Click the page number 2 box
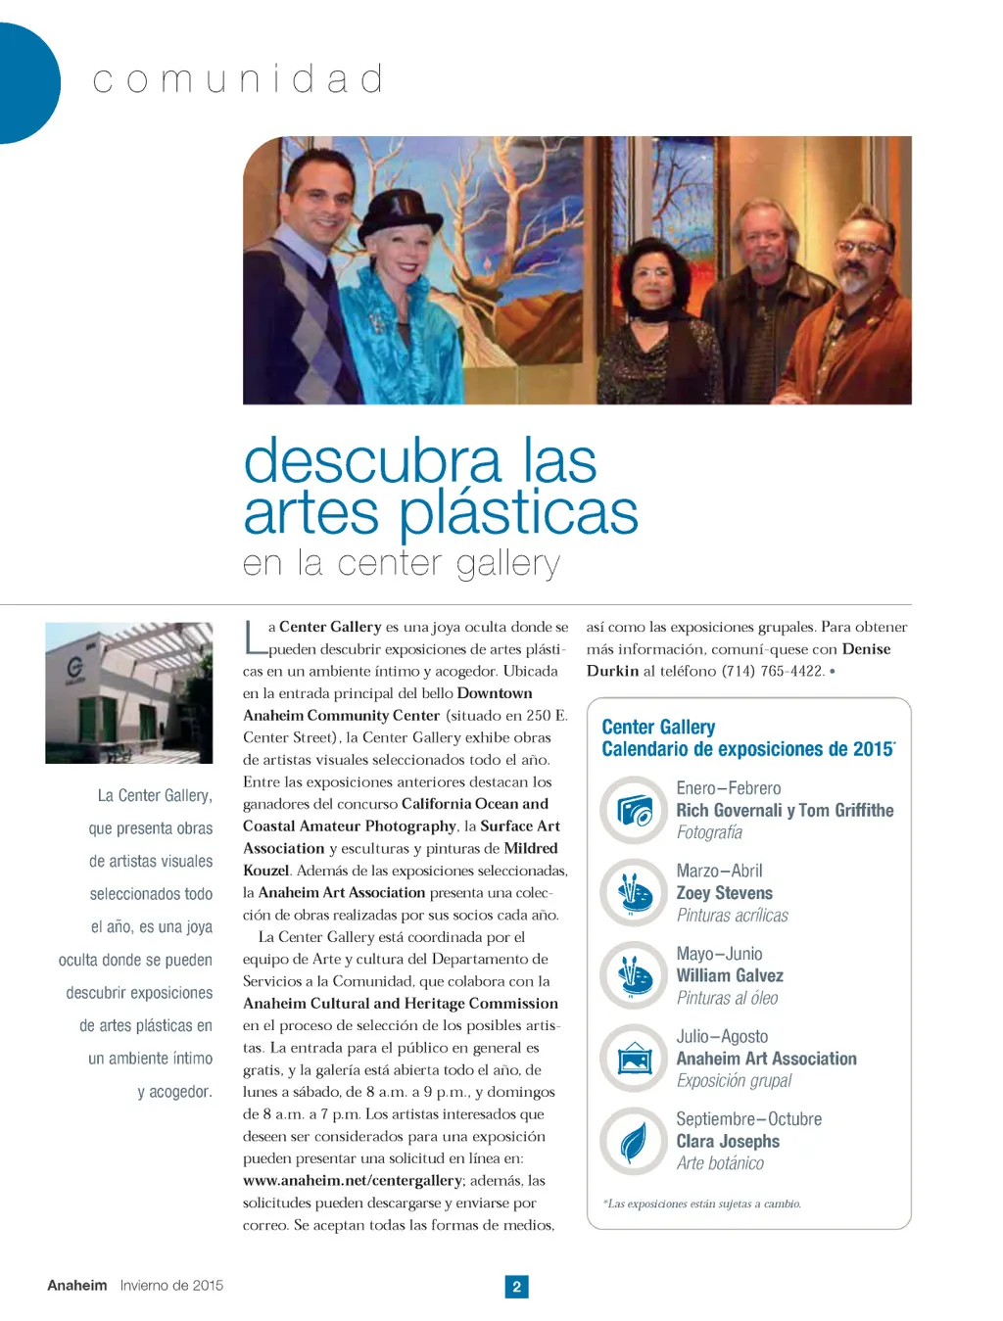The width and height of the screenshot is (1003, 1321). tap(516, 1286)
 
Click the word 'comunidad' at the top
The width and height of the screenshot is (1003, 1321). tap(238, 79)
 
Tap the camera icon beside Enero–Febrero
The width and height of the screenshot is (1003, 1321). tap(634, 810)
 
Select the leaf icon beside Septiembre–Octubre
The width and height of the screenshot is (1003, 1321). tap(634, 1141)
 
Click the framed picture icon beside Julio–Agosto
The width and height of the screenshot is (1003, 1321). tap(634, 1059)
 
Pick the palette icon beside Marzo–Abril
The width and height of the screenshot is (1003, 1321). tap(634, 892)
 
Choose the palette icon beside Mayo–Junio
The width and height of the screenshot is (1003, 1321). tap(634, 975)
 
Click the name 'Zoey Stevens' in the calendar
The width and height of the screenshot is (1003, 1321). tap(724, 893)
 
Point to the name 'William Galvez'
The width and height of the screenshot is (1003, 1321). tap(730, 975)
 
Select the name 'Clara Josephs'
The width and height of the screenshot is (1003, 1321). tap(728, 1141)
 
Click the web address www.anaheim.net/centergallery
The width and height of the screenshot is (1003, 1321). tap(352, 1181)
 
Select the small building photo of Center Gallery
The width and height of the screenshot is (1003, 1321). tap(128, 692)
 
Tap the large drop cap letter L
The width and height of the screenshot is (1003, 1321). tap(253, 637)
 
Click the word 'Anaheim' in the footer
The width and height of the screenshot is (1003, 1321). tap(77, 1285)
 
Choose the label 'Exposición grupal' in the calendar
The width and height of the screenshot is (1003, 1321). tap(734, 1081)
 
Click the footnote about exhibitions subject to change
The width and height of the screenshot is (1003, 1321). tap(702, 1203)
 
